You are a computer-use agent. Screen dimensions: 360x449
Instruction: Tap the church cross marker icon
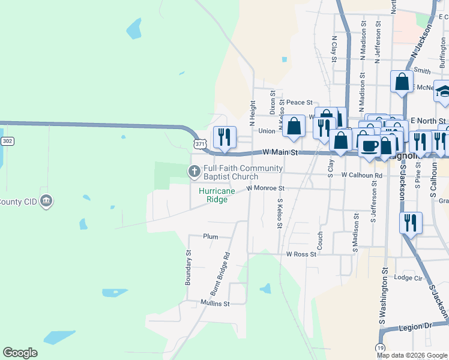pyautogui.click(x=194, y=172)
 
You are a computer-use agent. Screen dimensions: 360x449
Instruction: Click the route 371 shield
pyautogui.click(x=200, y=145)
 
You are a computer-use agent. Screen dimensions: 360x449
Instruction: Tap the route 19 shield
pyautogui.click(x=380, y=348)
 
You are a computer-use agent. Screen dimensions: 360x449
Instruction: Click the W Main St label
pyautogui.click(x=280, y=153)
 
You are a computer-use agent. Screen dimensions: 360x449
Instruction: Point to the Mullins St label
pyautogui.click(x=215, y=304)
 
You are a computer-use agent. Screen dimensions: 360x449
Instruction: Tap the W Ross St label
pyautogui.click(x=301, y=254)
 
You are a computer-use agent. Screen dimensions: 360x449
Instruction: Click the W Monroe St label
pyautogui.click(x=265, y=188)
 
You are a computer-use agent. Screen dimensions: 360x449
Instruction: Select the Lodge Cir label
pyautogui.click(x=409, y=278)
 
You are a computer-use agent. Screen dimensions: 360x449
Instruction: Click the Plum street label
pyautogui.click(x=210, y=237)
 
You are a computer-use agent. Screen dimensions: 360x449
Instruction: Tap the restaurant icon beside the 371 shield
pyautogui.click(x=224, y=136)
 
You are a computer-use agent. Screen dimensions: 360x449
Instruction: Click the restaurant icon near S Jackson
pyautogui.click(x=411, y=223)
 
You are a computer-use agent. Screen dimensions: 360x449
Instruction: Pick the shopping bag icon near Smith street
pyautogui.click(x=402, y=82)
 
